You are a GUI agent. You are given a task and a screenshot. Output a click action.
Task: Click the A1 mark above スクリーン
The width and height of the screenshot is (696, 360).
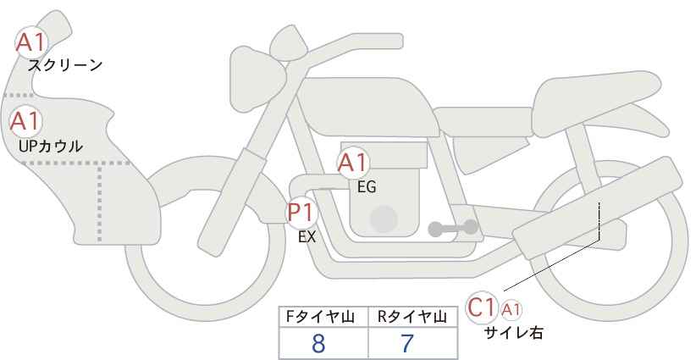click(x=31, y=43)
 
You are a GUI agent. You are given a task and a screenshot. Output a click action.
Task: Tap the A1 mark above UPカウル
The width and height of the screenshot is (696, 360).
click(x=25, y=121)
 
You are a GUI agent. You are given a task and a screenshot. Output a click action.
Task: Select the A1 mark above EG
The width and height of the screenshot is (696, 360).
click(x=353, y=163)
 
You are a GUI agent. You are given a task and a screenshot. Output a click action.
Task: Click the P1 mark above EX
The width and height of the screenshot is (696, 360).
click(x=302, y=212)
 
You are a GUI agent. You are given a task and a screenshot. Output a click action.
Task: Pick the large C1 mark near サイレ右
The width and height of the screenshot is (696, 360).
click(x=482, y=307)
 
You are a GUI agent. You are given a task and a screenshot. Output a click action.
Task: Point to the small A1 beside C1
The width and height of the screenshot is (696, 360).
click(x=511, y=310)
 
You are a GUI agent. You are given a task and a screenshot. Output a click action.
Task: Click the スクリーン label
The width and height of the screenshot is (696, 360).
click(x=65, y=66)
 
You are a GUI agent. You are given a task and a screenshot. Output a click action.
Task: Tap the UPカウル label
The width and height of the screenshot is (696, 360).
click(x=51, y=146)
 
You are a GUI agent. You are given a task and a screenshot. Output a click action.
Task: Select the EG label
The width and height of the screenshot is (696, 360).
click(x=367, y=187)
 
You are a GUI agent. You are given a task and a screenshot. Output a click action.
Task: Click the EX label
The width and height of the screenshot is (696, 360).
click(x=307, y=237)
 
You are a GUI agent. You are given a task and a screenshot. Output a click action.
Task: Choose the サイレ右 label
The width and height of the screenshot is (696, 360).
click(x=514, y=333)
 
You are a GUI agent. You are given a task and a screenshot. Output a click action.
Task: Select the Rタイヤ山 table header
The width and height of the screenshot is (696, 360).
click(x=412, y=317)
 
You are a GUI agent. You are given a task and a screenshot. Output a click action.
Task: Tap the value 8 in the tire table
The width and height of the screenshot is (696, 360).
click(x=318, y=343)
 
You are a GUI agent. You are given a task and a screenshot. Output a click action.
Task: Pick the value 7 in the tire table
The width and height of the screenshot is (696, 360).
click(x=407, y=343)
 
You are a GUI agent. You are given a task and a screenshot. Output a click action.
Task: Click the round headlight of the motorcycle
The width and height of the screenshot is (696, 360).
click(x=257, y=80)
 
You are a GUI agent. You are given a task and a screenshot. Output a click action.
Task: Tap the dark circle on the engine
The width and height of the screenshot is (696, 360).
click(x=384, y=219)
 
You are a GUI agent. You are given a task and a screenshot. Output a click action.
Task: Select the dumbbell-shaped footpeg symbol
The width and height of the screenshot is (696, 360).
click(x=453, y=228)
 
